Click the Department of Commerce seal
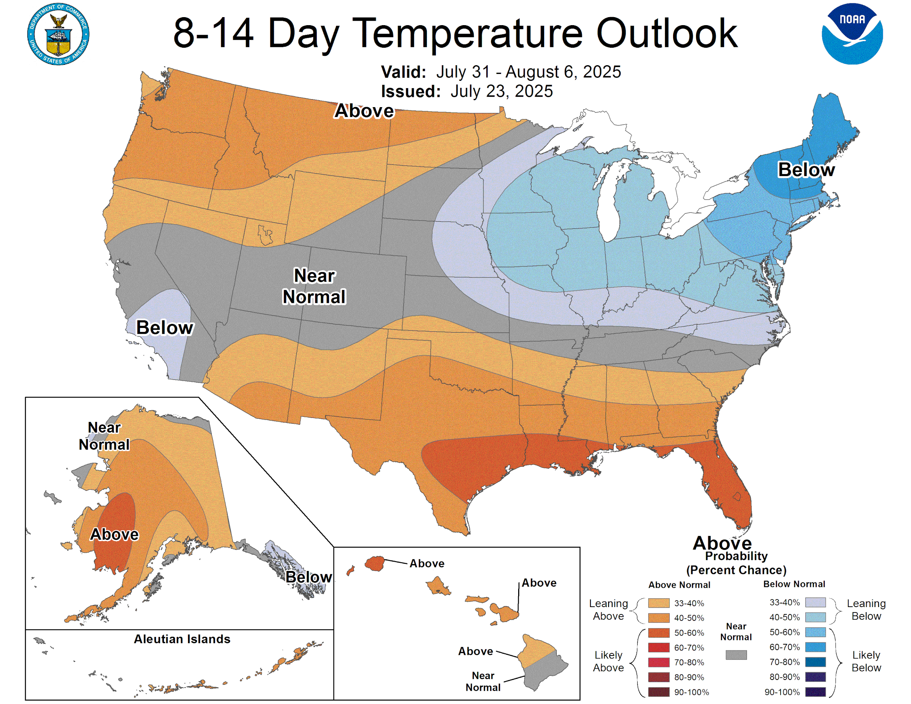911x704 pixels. pos(58,34)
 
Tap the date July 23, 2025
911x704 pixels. pos(501,91)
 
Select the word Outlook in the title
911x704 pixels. pos(666,34)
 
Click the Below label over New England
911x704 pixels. pos(806,170)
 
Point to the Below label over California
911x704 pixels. pos(165,327)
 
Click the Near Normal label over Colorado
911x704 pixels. pos(314,286)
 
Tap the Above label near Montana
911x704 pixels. pos(364,111)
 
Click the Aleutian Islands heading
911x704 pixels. pos(182,639)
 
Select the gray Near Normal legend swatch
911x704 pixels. pos(736,655)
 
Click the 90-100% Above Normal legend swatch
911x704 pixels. pos(658,692)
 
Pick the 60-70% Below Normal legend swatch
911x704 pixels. pos(815,647)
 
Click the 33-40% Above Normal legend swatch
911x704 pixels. pos(658,603)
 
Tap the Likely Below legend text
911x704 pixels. pos(866,661)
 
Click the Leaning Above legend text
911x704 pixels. pos(608,609)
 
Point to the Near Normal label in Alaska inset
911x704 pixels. pos(104,436)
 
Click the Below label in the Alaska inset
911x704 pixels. pos(309,577)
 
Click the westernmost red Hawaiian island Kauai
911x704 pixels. pos(375,563)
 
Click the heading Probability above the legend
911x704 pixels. pos(736,556)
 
